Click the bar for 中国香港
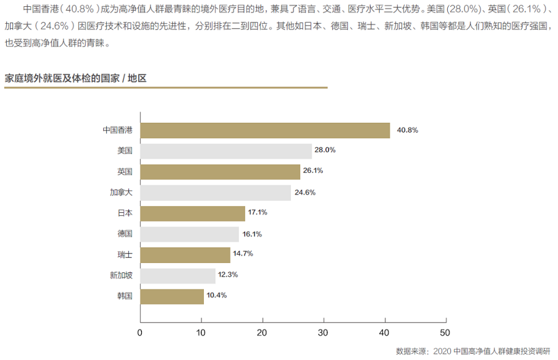click(x=265, y=130)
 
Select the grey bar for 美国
click(x=226, y=151)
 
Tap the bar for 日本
click(x=193, y=213)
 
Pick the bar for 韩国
click(x=172, y=296)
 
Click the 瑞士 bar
click(x=185, y=255)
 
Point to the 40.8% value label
click(x=407, y=130)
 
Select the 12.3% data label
click(x=228, y=275)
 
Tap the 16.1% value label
click(x=251, y=234)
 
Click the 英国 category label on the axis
click(x=125, y=172)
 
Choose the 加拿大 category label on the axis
click(x=121, y=192)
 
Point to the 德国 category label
click(x=125, y=234)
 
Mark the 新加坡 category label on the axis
click(x=121, y=275)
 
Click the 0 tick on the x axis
click(x=140, y=332)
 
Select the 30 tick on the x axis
click(x=323, y=332)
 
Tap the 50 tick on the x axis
click(x=445, y=332)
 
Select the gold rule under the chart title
click(x=166, y=88)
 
